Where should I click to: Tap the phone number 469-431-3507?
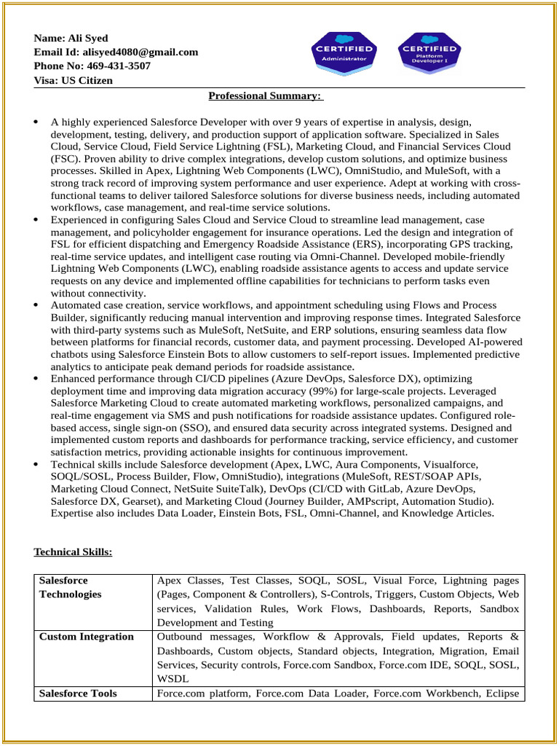point(114,66)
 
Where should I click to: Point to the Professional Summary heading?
point(266,95)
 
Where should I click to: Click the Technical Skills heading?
point(73,552)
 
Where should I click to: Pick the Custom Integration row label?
point(86,637)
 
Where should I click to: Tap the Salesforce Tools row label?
point(78,694)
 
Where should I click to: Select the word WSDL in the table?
point(170,679)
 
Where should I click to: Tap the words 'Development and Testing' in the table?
point(215,623)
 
